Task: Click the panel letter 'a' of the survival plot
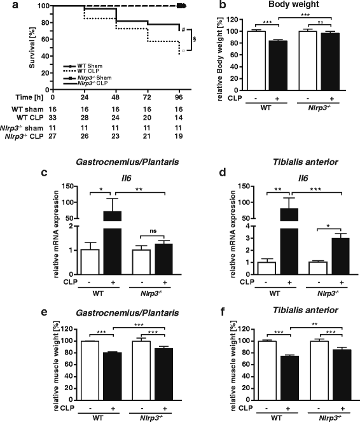point(5,5)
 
